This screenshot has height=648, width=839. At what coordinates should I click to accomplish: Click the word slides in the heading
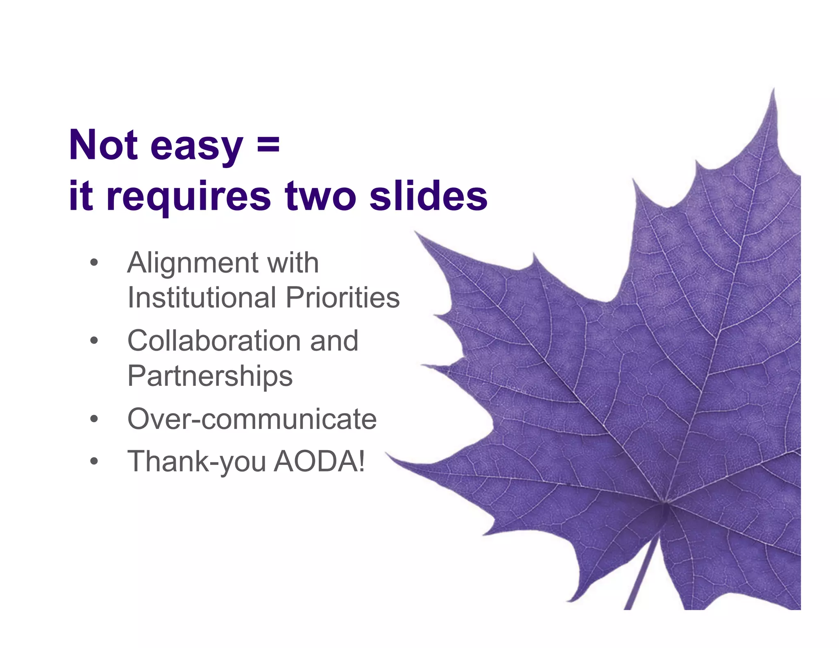point(429,196)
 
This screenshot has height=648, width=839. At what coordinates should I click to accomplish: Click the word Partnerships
point(210,376)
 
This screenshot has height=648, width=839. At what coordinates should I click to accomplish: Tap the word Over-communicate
point(252,419)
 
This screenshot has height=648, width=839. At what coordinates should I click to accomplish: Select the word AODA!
point(319,462)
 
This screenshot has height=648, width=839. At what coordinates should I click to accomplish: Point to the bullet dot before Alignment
point(94,263)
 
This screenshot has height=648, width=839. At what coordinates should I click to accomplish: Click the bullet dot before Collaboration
point(94,340)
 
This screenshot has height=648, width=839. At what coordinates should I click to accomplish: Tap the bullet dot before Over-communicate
point(94,419)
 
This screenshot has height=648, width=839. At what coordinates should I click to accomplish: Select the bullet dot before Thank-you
point(94,462)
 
